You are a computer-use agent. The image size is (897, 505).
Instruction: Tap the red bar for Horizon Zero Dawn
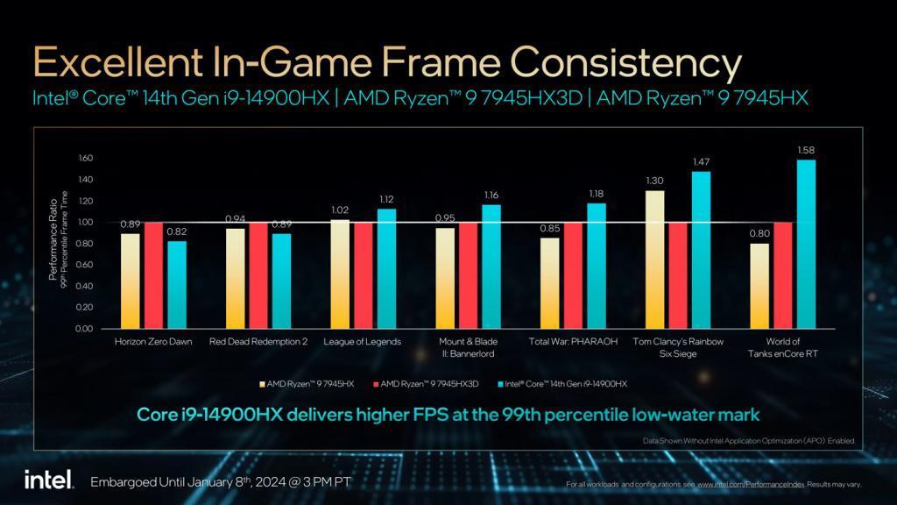153,275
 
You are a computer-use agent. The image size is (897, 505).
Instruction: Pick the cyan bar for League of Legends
385,268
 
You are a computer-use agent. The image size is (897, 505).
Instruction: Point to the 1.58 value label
806,151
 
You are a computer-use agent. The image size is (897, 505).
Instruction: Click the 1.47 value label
701,162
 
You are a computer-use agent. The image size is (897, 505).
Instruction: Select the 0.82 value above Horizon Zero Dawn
176,231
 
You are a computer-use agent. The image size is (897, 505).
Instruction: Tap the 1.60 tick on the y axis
85,159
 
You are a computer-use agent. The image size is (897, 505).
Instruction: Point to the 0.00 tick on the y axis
85,329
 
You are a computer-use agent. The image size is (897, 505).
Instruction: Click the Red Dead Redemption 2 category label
258,342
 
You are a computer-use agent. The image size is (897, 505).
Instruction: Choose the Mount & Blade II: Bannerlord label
469,347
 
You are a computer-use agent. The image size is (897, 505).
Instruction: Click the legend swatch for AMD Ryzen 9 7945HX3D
375,384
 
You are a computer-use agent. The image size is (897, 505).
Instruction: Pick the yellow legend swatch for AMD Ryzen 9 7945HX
261,384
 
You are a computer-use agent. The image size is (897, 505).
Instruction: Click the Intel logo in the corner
41,480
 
